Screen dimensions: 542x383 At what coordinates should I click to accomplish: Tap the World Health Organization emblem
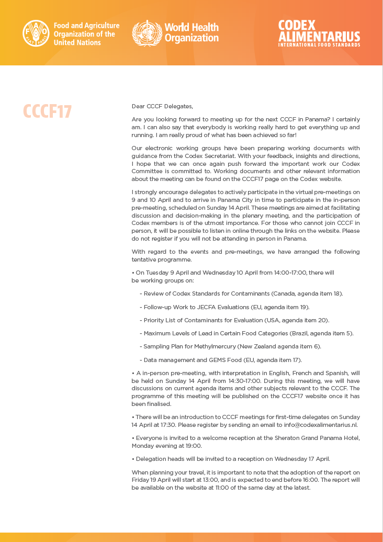[147, 33]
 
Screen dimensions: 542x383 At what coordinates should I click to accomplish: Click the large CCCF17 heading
[47, 111]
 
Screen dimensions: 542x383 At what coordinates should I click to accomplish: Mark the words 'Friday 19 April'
[153, 480]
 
